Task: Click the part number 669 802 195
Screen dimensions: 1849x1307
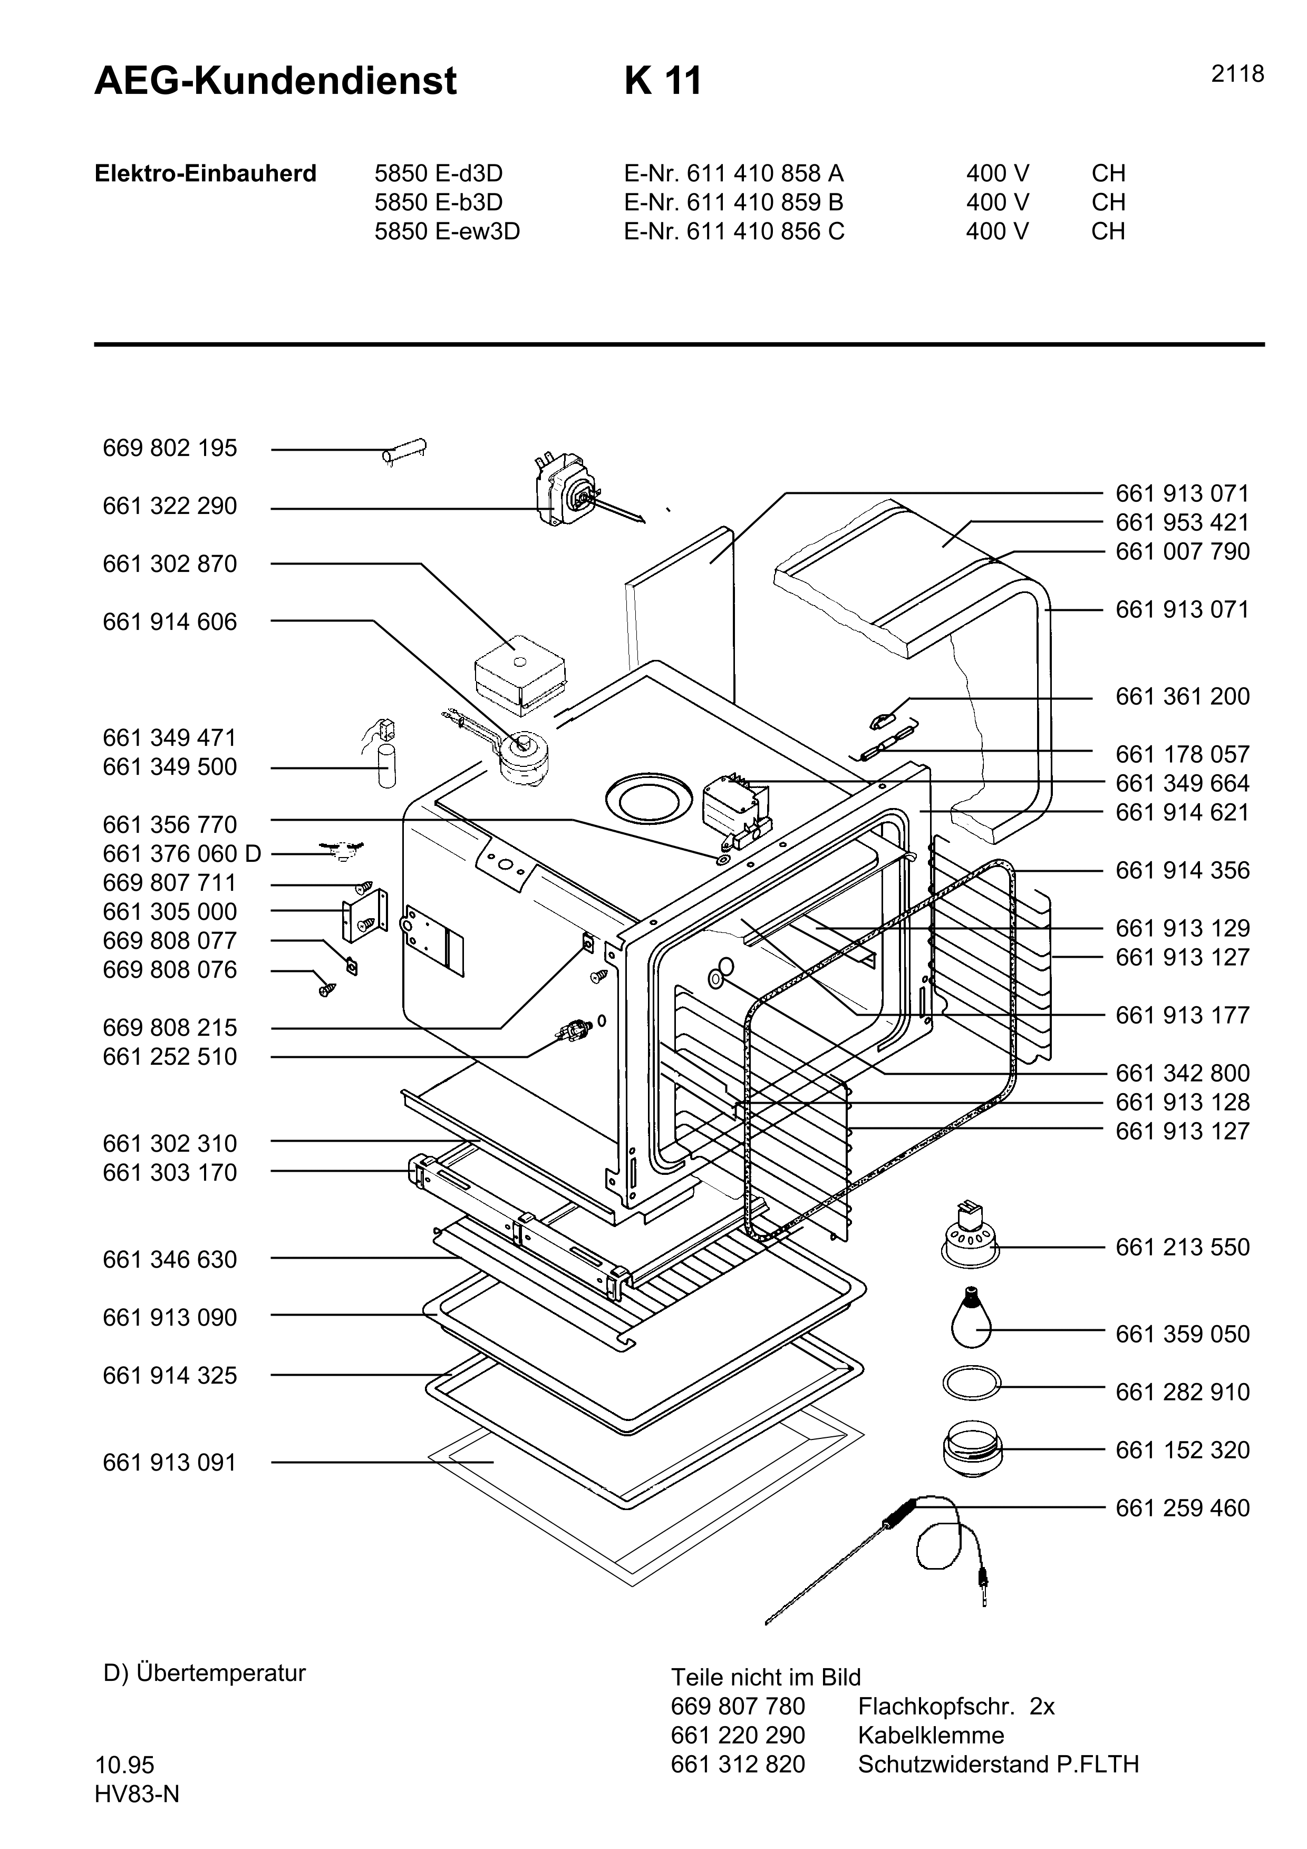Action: tap(170, 449)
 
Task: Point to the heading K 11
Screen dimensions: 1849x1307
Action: tap(662, 81)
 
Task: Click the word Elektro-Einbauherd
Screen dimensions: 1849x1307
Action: tap(205, 174)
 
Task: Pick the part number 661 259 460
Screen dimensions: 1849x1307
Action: tap(1182, 1507)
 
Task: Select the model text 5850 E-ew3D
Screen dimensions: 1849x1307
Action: tap(447, 232)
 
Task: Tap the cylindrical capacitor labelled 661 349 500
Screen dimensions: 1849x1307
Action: tap(388, 767)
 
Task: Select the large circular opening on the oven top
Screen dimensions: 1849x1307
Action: tap(648, 798)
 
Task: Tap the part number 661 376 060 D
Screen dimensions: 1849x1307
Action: tap(182, 854)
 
